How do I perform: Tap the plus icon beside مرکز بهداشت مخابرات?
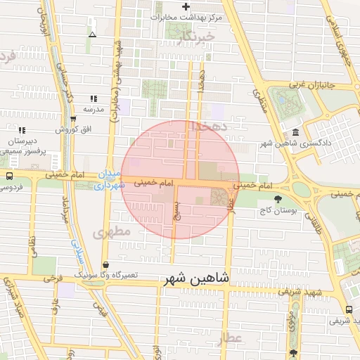pos(186,7)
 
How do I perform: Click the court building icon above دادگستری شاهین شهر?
pos(295,133)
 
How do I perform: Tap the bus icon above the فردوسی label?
pos(8,176)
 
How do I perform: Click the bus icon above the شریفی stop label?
pos(349,309)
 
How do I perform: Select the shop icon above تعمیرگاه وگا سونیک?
pos(105,264)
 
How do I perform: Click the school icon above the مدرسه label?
pos(93,99)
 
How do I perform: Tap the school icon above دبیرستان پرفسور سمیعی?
pos(22,130)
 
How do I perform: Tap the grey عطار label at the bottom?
pos(231,339)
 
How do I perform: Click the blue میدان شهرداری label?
pos(109,180)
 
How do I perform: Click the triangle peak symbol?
pos(92,34)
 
